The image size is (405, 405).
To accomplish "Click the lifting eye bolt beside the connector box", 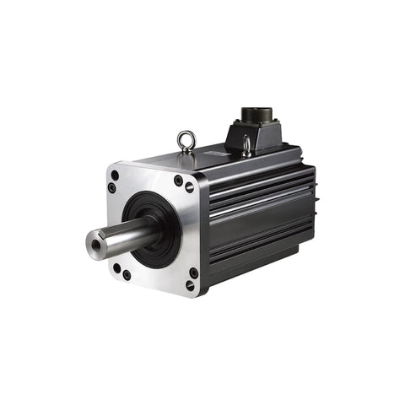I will click(x=246, y=147).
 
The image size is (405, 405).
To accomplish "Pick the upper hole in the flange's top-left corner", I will click(x=114, y=175).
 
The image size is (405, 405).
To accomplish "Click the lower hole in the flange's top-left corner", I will click(x=111, y=187).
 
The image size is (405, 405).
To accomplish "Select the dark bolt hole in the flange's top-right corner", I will click(x=178, y=180).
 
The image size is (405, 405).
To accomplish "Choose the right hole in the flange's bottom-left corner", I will click(x=127, y=274).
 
